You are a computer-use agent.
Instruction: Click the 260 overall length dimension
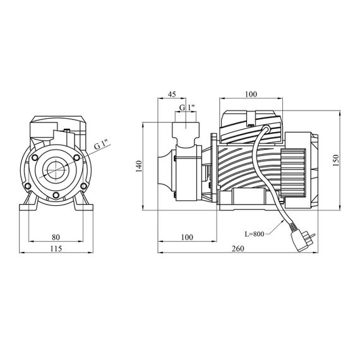238,249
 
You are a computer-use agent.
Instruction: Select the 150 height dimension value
335,160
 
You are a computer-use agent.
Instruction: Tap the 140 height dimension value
139,166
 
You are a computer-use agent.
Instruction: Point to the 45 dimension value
172,94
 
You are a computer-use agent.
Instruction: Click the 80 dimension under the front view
56,237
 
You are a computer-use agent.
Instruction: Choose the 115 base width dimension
56,249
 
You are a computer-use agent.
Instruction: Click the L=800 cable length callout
255,234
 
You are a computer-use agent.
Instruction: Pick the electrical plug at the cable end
302,241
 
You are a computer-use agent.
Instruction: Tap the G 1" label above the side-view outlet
187,107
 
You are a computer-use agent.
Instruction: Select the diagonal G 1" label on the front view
102,145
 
